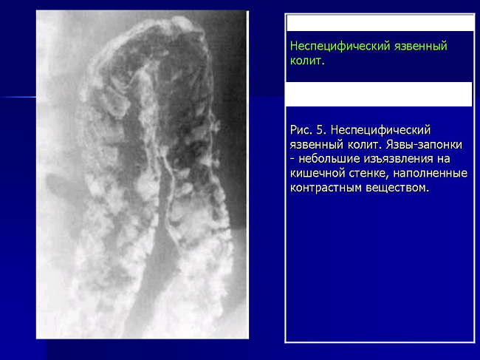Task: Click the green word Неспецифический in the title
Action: (340, 47)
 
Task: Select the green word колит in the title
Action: (306, 61)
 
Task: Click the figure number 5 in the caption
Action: (320, 130)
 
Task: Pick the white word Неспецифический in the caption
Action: (380, 130)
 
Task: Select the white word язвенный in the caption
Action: (316, 145)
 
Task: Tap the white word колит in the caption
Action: (364, 144)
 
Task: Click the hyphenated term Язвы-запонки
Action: (424, 144)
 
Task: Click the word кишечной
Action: (317, 174)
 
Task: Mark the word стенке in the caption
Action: (368, 174)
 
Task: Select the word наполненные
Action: (430, 174)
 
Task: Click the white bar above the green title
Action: (380, 23)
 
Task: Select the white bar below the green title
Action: (379, 94)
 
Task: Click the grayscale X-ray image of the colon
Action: (143, 174)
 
